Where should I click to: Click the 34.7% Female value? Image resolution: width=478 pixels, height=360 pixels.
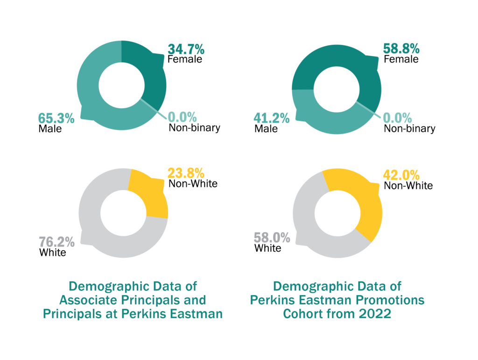click(185, 49)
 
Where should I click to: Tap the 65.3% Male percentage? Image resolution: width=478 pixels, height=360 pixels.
click(56, 118)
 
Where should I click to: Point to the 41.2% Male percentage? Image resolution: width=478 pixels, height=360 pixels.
click(272, 118)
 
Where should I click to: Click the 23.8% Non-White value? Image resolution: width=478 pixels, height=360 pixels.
click(185, 173)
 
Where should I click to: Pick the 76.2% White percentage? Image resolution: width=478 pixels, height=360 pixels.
click(56, 242)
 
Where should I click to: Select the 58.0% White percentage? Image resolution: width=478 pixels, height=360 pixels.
click(272, 238)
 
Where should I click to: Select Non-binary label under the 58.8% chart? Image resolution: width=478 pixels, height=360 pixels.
click(409, 128)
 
